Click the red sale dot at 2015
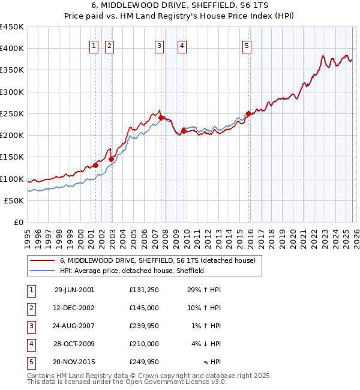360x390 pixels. pos(248,113)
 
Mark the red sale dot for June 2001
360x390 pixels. pos(96,165)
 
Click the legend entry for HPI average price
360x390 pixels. pos(132,271)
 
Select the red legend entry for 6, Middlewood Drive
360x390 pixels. pos(158,260)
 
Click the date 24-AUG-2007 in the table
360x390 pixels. pos(74,326)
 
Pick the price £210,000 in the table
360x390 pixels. pos(144,344)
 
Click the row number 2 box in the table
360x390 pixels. pos(31,308)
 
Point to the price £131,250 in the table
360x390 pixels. pos(144,290)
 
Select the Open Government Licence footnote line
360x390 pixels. pos(127,382)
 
